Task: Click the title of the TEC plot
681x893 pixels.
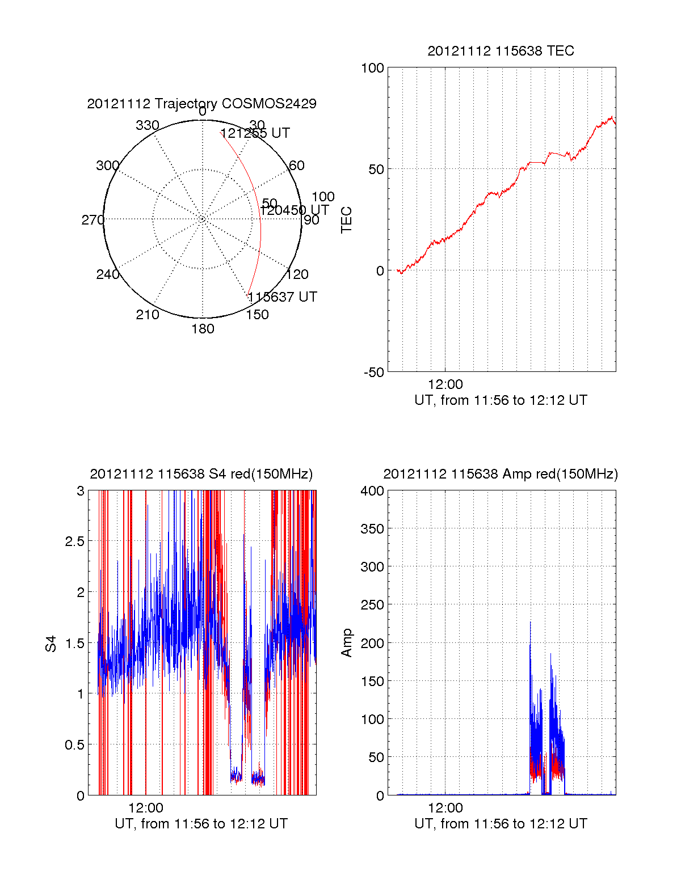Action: click(501, 51)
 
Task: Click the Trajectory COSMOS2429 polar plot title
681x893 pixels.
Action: click(201, 104)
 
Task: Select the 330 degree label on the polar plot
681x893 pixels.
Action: click(147, 125)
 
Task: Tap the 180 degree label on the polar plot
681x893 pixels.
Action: click(203, 329)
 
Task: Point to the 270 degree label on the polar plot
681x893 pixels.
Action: click(93, 220)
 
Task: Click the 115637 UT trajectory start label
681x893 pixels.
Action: click(282, 297)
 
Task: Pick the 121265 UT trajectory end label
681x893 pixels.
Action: click(255, 133)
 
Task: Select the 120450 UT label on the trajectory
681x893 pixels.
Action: click(295, 210)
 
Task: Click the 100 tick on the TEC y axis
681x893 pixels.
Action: click(372, 68)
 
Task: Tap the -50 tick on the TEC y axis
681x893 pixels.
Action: click(374, 373)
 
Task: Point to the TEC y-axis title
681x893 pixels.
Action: click(346, 220)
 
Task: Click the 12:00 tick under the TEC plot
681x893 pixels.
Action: click(445, 384)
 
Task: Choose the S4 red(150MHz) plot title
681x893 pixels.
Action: click(201, 474)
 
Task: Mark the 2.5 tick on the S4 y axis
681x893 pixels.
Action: click(72, 541)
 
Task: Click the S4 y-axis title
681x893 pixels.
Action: click(51, 644)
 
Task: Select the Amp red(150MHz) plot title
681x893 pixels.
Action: click(501, 474)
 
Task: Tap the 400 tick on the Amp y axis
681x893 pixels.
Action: click(372, 491)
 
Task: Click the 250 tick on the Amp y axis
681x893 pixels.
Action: click(372, 605)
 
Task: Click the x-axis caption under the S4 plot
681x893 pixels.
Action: click(201, 824)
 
